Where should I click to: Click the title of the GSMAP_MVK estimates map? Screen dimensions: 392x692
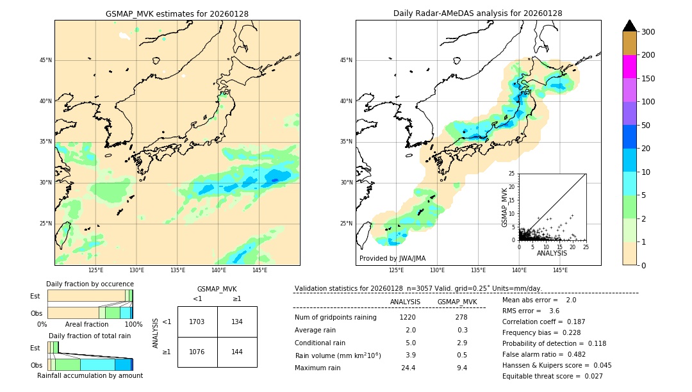click(x=177, y=13)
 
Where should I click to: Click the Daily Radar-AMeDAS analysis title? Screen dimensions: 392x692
click(x=478, y=13)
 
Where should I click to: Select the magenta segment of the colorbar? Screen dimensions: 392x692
click(x=630, y=67)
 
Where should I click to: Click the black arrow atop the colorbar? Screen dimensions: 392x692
click(x=630, y=26)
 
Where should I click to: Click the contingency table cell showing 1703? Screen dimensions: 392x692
click(x=197, y=322)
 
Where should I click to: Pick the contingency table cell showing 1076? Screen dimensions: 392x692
click(x=197, y=352)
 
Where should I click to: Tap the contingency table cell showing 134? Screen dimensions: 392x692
click(x=237, y=322)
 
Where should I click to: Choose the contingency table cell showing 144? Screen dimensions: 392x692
click(x=237, y=352)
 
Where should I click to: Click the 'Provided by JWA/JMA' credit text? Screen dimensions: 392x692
click(x=392, y=258)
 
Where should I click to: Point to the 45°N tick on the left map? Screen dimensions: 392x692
click(x=45, y=60)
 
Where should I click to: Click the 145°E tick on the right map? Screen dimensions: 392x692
click(x=560, y=270)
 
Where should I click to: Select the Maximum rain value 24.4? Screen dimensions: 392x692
click(x=408, y=368)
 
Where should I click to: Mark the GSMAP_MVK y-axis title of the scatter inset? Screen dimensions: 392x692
click(x=505, y=207)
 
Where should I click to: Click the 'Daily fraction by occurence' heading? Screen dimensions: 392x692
click(x=90, y=284)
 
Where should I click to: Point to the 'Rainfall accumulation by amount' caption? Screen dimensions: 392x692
click(x=90, y=375)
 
